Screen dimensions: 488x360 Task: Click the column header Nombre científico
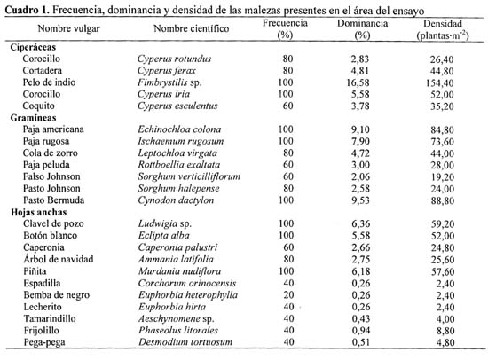point(191,28)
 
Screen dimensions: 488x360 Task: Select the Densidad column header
point(443,29)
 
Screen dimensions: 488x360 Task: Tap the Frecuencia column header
point(285,29)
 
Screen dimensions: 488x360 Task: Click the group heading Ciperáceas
point(33,47)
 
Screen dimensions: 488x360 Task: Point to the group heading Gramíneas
point(34,118)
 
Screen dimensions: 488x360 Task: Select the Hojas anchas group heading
point(39,212)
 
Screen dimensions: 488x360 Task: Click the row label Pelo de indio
point(49,82)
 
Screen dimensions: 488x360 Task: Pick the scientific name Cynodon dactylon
point(176,200)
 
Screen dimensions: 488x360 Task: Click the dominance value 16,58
point(358,82)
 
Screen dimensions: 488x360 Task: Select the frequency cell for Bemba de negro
point(288,294)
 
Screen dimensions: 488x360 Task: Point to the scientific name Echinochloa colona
point(179,129)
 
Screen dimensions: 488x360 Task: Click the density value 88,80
point(443,200)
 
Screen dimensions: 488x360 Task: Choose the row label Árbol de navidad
point(59,259)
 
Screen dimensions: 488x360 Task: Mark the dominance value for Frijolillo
point(361,331)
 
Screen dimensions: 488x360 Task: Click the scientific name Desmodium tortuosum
point(185,342)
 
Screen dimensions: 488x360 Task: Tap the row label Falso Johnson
point(51,176)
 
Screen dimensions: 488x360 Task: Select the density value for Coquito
point(442,106)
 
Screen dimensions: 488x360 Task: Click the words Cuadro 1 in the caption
point(28,11)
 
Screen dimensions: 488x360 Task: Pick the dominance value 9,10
point(361,129)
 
